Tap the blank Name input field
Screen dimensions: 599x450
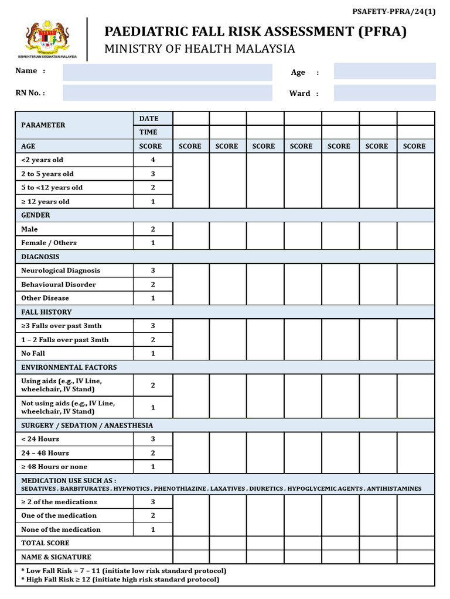[168, 72]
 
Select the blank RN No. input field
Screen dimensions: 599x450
[168, 93]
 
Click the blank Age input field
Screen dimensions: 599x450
[384, 71]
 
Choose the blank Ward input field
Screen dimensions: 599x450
[384, 93]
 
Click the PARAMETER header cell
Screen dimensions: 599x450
[43, 125]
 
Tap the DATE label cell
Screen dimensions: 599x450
[149, 119]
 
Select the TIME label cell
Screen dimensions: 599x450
[148, 132]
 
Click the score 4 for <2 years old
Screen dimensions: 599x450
[153, 160]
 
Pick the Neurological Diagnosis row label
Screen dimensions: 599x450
[60, 271]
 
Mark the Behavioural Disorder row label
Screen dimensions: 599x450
[59, 285]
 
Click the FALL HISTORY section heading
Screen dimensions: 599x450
[46, 312]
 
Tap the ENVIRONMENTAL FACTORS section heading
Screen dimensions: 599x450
[69, 367]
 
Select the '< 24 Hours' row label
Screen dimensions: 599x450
[40, 439]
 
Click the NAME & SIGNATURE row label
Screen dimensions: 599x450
[56, 557]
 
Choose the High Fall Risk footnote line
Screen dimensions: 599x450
[120, 580]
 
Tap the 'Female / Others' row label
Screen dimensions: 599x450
[49, 243]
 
